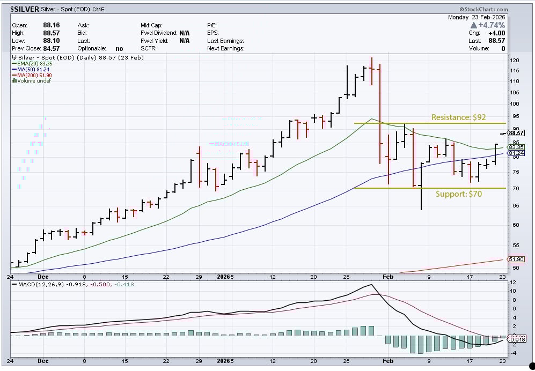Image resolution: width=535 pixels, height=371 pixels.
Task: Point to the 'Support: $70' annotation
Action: (x=458, y=194)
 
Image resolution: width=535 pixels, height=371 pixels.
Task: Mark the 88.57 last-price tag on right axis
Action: (x=516, y=133)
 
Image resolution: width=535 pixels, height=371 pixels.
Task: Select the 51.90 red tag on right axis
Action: (x=516, y=259)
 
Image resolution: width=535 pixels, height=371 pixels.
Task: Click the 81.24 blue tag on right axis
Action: (x=516, y=153)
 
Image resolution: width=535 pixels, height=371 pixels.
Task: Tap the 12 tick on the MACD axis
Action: (x=512, y=283)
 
